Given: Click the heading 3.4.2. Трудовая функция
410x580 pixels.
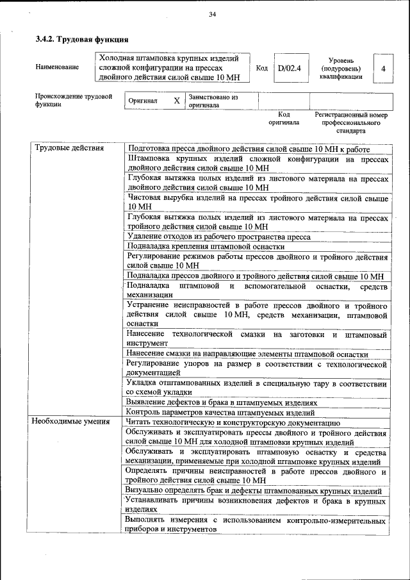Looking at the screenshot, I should tap(78, 40).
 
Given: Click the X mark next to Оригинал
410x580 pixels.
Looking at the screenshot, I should tap(177, 101).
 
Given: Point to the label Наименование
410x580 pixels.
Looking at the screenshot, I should tap(58, 67).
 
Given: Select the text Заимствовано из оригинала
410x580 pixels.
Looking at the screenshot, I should tap(214, 101).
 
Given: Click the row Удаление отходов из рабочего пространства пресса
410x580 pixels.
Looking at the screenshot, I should tap(218, 236).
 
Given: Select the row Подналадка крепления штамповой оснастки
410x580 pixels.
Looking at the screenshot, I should tap(206, 246).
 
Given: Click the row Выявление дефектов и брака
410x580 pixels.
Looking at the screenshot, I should tap(222, 402).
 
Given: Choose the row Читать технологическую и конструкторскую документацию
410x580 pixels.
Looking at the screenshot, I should tap(233, 422).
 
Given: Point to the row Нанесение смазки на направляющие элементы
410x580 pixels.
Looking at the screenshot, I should tap(247, 354).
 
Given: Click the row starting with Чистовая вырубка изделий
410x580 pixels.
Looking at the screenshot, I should tap(258, 203).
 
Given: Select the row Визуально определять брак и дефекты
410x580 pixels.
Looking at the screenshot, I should tap(254, 491).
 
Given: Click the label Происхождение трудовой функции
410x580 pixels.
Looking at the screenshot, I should tap(74, 101).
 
